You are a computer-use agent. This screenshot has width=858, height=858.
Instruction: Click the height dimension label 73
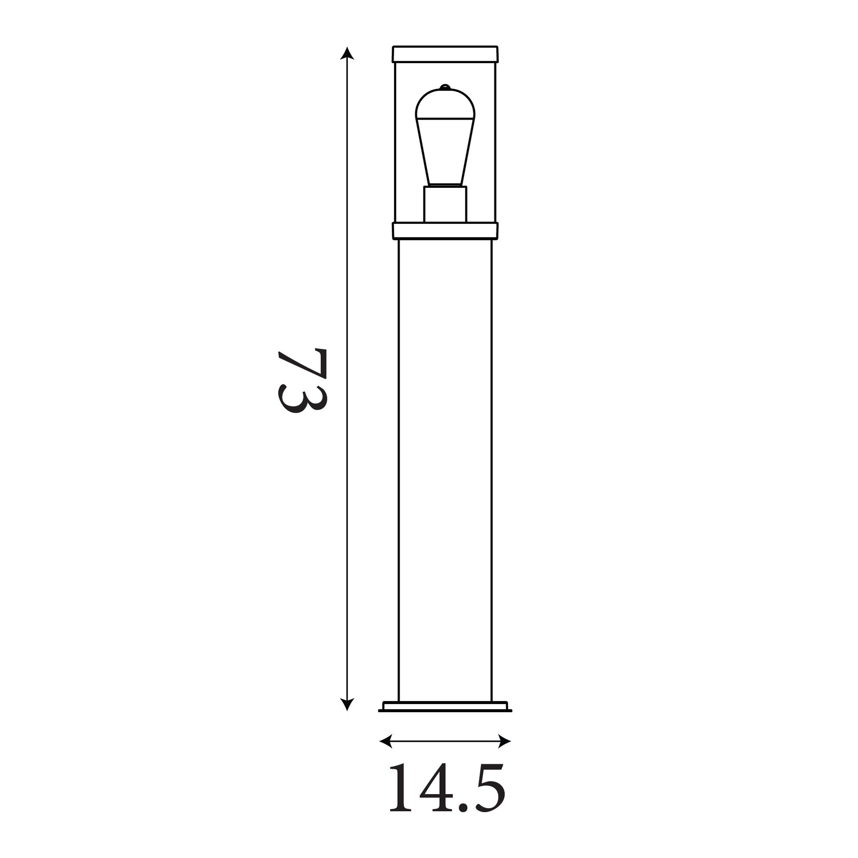[x=302, y=381]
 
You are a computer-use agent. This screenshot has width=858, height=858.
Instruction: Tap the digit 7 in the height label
[x=302, y=364]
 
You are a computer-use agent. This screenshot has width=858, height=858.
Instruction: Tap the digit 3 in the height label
[x=302, y=399]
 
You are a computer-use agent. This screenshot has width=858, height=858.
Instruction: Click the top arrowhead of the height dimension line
[x=347, y=53]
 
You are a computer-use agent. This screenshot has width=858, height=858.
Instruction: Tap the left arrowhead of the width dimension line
[x=386, y=741]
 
